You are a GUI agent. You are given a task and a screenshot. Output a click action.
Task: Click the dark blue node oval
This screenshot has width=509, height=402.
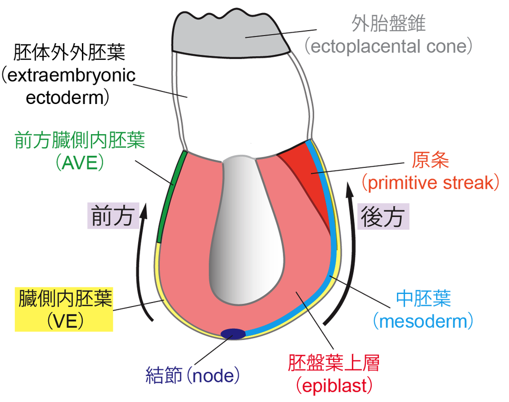(233, 334)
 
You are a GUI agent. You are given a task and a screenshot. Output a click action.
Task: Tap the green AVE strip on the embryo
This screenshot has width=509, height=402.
(171, 196)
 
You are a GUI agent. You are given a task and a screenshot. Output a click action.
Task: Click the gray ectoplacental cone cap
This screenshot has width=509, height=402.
(231, 34)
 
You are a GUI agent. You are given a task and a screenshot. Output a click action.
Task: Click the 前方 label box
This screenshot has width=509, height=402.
(113, 216)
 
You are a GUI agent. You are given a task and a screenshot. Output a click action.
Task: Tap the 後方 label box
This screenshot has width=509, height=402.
(383, 217)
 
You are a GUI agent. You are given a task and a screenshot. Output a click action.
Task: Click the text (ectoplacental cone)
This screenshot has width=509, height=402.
(388, 46)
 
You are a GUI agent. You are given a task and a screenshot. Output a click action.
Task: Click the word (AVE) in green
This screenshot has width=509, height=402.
(80, 162)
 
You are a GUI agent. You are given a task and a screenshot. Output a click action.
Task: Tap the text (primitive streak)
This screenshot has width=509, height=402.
(431, 183)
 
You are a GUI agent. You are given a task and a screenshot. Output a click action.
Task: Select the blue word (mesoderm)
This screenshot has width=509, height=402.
(423, 321)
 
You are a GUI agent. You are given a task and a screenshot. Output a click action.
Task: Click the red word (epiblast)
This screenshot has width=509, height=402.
(334, 386)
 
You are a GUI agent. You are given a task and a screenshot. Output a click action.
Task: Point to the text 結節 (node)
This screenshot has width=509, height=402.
(192, 375)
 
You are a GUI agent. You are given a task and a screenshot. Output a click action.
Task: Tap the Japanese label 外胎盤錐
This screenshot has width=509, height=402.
(388, 24)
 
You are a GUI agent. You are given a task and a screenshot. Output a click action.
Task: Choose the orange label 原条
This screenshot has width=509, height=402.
(431, 160)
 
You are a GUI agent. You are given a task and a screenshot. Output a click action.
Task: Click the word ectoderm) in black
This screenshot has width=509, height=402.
(67, 97)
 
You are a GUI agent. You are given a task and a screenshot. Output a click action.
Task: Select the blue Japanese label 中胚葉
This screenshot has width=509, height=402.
(423, 298)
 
